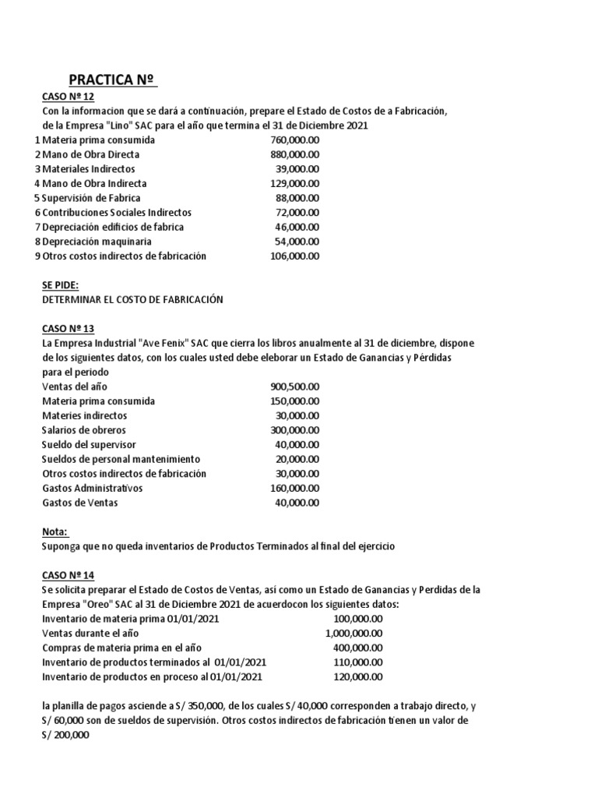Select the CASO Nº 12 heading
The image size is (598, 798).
pos(68,97)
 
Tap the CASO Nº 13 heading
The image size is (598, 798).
pos(68,329)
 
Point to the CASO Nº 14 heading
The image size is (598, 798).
pos(68,575)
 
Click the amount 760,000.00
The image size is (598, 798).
pos(294,140)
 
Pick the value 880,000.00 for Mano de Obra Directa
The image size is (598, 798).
pos(294,154)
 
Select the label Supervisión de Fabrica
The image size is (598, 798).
pos(91,198)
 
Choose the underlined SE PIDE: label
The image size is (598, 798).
pos(61,285)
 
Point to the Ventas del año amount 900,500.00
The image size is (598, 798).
pos(294,387)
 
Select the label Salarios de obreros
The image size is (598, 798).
pos(83,430)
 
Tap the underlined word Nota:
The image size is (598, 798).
pos(55,532)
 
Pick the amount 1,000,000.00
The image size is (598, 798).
pos(354,633)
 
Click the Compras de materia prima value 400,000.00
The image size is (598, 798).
pos(358,648)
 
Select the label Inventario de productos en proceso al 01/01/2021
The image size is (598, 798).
pos(152,676)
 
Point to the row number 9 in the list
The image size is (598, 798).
pos(37,256)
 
